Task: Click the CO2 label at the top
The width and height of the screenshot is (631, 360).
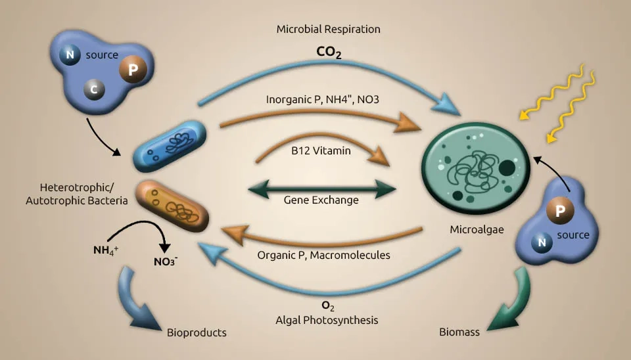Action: click(x=328, y=53)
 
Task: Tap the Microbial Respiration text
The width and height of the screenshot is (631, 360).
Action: click(x=328, y=30)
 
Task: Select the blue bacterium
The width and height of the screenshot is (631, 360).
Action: click(x=170, y=146)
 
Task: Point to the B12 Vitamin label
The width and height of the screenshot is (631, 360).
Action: click(x=321, y=150)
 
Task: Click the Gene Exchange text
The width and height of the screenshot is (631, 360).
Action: click(x=321, y=200)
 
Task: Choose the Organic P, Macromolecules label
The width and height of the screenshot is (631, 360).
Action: click(x=323, y=255)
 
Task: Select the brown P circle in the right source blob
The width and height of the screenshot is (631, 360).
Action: click(x=561, y=212)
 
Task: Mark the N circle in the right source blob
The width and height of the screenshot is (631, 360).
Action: click(x=542, y=244)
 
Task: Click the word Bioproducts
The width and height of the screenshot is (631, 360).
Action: click(x=197, y=332)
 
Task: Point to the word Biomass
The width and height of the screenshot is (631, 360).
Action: click(x=459, y=332)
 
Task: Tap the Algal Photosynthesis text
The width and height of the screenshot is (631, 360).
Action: click(x=327, y=321)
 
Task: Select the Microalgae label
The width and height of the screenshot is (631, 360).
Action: click(x=476, y=230)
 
